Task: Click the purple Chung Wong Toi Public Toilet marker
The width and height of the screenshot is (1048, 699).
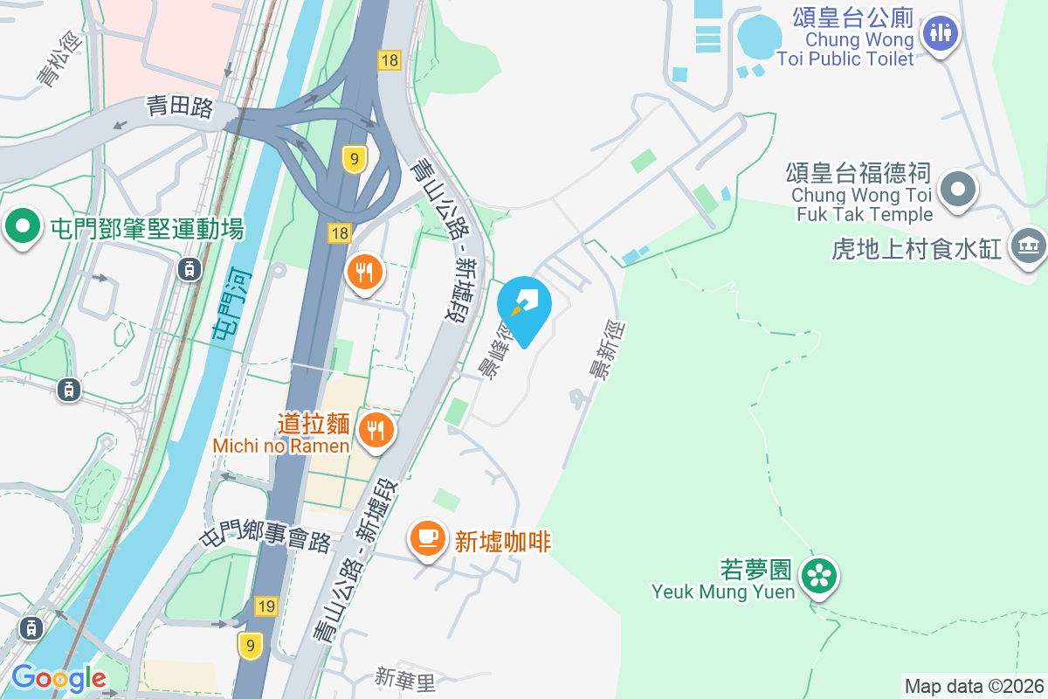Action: point(940,34)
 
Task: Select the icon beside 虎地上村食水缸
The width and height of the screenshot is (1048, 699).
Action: point(1027,247)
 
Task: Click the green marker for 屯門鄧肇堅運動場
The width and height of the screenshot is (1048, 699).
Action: point(23,227)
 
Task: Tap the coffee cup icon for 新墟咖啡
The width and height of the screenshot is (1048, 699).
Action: point(427,536)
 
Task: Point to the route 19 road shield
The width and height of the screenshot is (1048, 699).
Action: point(267,606)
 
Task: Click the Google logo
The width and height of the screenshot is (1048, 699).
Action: point(59,678)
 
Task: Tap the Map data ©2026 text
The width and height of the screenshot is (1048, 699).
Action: point(974,686)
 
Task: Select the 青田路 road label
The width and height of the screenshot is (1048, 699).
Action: point(180,107)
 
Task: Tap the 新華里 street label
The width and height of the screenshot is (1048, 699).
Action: point(404,677)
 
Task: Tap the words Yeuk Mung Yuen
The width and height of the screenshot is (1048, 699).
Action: point(723,592)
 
